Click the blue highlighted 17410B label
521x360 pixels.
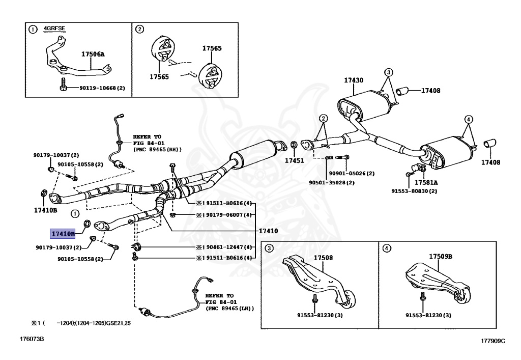63,234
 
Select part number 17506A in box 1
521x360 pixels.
93,53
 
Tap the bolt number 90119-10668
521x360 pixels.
102,88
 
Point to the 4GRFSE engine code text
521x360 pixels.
55,29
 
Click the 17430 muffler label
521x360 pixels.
353,80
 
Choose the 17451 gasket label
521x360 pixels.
294,160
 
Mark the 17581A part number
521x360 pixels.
425,182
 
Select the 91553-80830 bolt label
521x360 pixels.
414,191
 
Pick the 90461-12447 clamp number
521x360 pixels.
227,247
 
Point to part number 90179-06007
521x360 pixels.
227,215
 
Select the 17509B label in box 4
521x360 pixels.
440,256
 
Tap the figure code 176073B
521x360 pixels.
32,339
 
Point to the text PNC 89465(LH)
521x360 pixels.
229,309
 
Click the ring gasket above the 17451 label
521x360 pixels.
294,147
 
